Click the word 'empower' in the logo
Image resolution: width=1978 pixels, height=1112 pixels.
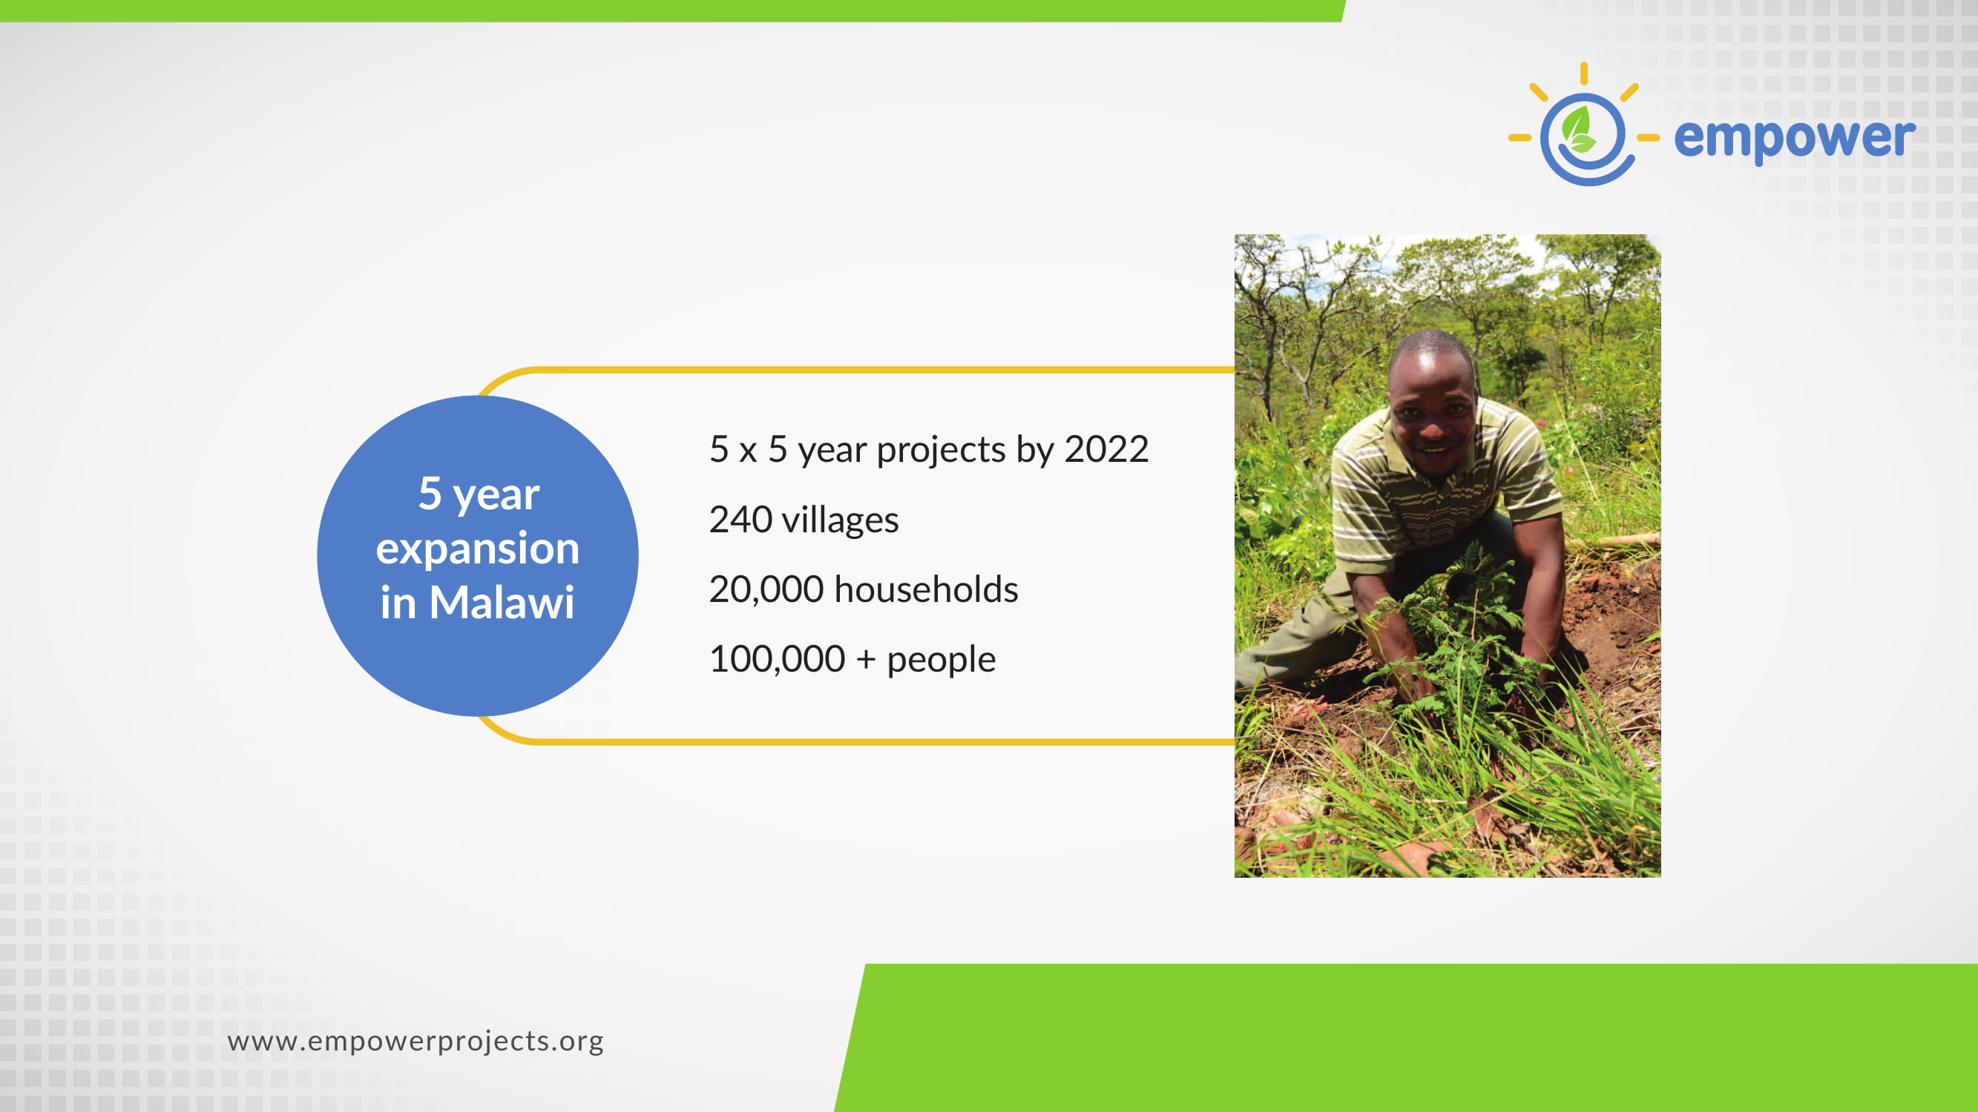(1795, 139)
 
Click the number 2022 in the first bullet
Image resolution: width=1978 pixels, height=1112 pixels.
(1106, 449)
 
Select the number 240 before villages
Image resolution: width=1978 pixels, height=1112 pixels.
(741, 520)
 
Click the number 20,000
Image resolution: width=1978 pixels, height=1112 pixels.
(766, 590)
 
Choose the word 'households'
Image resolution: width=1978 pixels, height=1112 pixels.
(926, 589)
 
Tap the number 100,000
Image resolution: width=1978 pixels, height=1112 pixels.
(777, 659)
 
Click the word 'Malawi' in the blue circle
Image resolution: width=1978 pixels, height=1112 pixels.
(502, 603)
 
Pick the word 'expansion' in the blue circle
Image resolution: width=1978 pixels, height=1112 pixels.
(478, 549)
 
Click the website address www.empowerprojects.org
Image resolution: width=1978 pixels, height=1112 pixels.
(415, 1042)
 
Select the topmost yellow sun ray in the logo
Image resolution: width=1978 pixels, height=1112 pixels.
(1583, 73)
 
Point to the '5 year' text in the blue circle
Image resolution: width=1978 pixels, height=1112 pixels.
(479, 494)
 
